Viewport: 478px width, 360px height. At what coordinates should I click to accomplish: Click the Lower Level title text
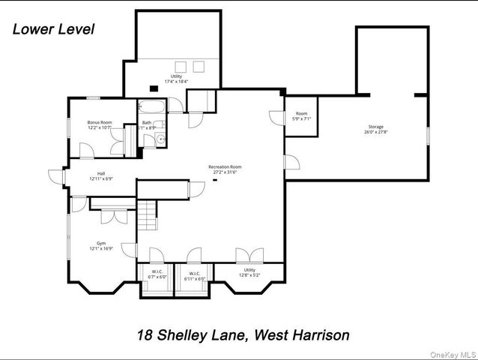click(x=53, y=30)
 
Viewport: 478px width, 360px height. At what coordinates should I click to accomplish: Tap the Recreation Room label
click(x=224, y=166)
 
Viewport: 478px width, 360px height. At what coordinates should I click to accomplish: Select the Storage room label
click(x=376, y=127)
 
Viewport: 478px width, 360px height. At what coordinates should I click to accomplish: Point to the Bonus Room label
click(x=99, y=122)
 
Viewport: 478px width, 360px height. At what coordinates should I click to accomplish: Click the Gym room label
click(x=100, y=243)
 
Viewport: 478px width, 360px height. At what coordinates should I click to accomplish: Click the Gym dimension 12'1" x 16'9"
click(x=100, y=249)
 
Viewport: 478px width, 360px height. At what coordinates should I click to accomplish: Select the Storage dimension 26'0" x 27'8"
click(x=376, y=133)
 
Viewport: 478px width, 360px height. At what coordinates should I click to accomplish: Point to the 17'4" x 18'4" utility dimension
click(x=176, y=82)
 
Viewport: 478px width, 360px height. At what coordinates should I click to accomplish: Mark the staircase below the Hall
click(x=147, y=216)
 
